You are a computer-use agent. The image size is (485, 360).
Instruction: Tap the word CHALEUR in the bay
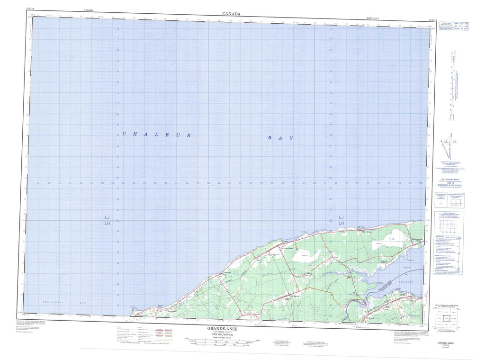tap(157, 135)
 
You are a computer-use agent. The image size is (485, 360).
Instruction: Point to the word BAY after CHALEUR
tap(280, 138)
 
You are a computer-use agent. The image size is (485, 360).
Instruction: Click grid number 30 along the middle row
tap(208, 183)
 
